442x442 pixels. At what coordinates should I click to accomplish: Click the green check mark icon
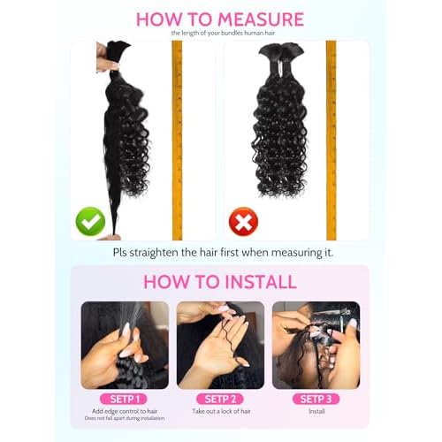(x=90, y=221)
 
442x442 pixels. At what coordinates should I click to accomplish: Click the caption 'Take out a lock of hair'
(x=220, y=413)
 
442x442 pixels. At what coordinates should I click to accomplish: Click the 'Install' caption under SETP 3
(x=316, y=412)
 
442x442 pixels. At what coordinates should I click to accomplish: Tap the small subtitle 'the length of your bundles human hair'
(x=220, y=34)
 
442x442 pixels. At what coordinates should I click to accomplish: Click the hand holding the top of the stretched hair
(x=108, y=62)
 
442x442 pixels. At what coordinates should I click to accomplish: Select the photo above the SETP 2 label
(x=220, y=345)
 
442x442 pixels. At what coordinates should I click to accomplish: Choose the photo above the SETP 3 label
(x=316, y=345)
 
